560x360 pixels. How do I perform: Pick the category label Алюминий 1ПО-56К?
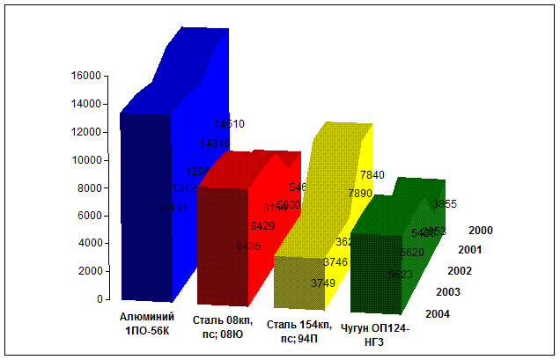147,323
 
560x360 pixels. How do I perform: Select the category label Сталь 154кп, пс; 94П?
293,332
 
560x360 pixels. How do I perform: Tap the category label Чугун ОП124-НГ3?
375,334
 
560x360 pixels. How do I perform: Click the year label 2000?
481,231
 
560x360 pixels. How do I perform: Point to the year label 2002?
460,271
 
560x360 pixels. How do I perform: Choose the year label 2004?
438,313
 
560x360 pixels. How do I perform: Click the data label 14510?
229,124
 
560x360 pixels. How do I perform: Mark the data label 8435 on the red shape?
248,246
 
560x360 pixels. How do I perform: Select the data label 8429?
262,226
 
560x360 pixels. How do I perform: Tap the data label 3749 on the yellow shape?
323,283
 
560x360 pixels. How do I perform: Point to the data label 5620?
412,253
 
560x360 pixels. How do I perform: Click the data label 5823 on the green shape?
401,274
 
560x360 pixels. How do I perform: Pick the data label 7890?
360,193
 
